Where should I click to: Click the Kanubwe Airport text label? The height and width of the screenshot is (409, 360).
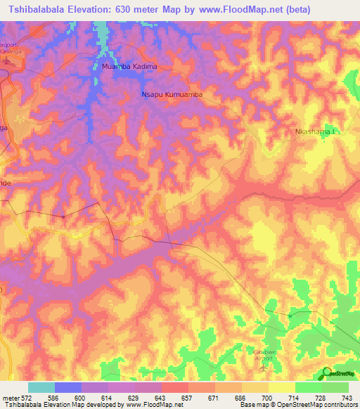(264, 353)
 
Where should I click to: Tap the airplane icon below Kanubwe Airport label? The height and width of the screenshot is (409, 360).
(264, 366)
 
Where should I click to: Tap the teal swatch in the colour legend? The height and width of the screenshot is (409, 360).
(41, 387)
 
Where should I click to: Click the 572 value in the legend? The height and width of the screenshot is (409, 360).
(26, 398)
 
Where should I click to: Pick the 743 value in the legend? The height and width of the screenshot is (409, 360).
(347, 398)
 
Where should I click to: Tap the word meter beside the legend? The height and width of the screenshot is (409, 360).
(9, 398)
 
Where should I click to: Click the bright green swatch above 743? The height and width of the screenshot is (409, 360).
(335, 387)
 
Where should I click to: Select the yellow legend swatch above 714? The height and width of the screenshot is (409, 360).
(282, 387)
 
